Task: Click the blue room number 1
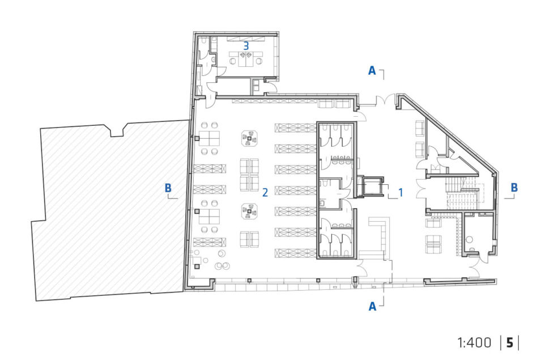click(x=400, y=193)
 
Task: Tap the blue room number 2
click(x=265, y=193)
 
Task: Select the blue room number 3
click(x=246, y=46)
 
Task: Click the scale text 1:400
click(x=474, y=342)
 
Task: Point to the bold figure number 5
click(x=510, y=342)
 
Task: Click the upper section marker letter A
click(x=372, y=71)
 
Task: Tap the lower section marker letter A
click(x=372, y=306)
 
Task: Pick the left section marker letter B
click(x=168, y=188)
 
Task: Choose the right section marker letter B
click(x=514, y=188)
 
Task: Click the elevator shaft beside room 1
click(x=370, y=187)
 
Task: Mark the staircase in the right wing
click(x=463, y=194)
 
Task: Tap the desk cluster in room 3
click(x=246, y=58)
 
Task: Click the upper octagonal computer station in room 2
click(x=250, y=138)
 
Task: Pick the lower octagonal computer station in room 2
click(x=250, y=211)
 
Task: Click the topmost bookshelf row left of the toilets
click(x=296, y=128)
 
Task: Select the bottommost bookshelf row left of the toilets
click(x=296, y=253)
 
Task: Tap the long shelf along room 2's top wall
click(x=275, y=101)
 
